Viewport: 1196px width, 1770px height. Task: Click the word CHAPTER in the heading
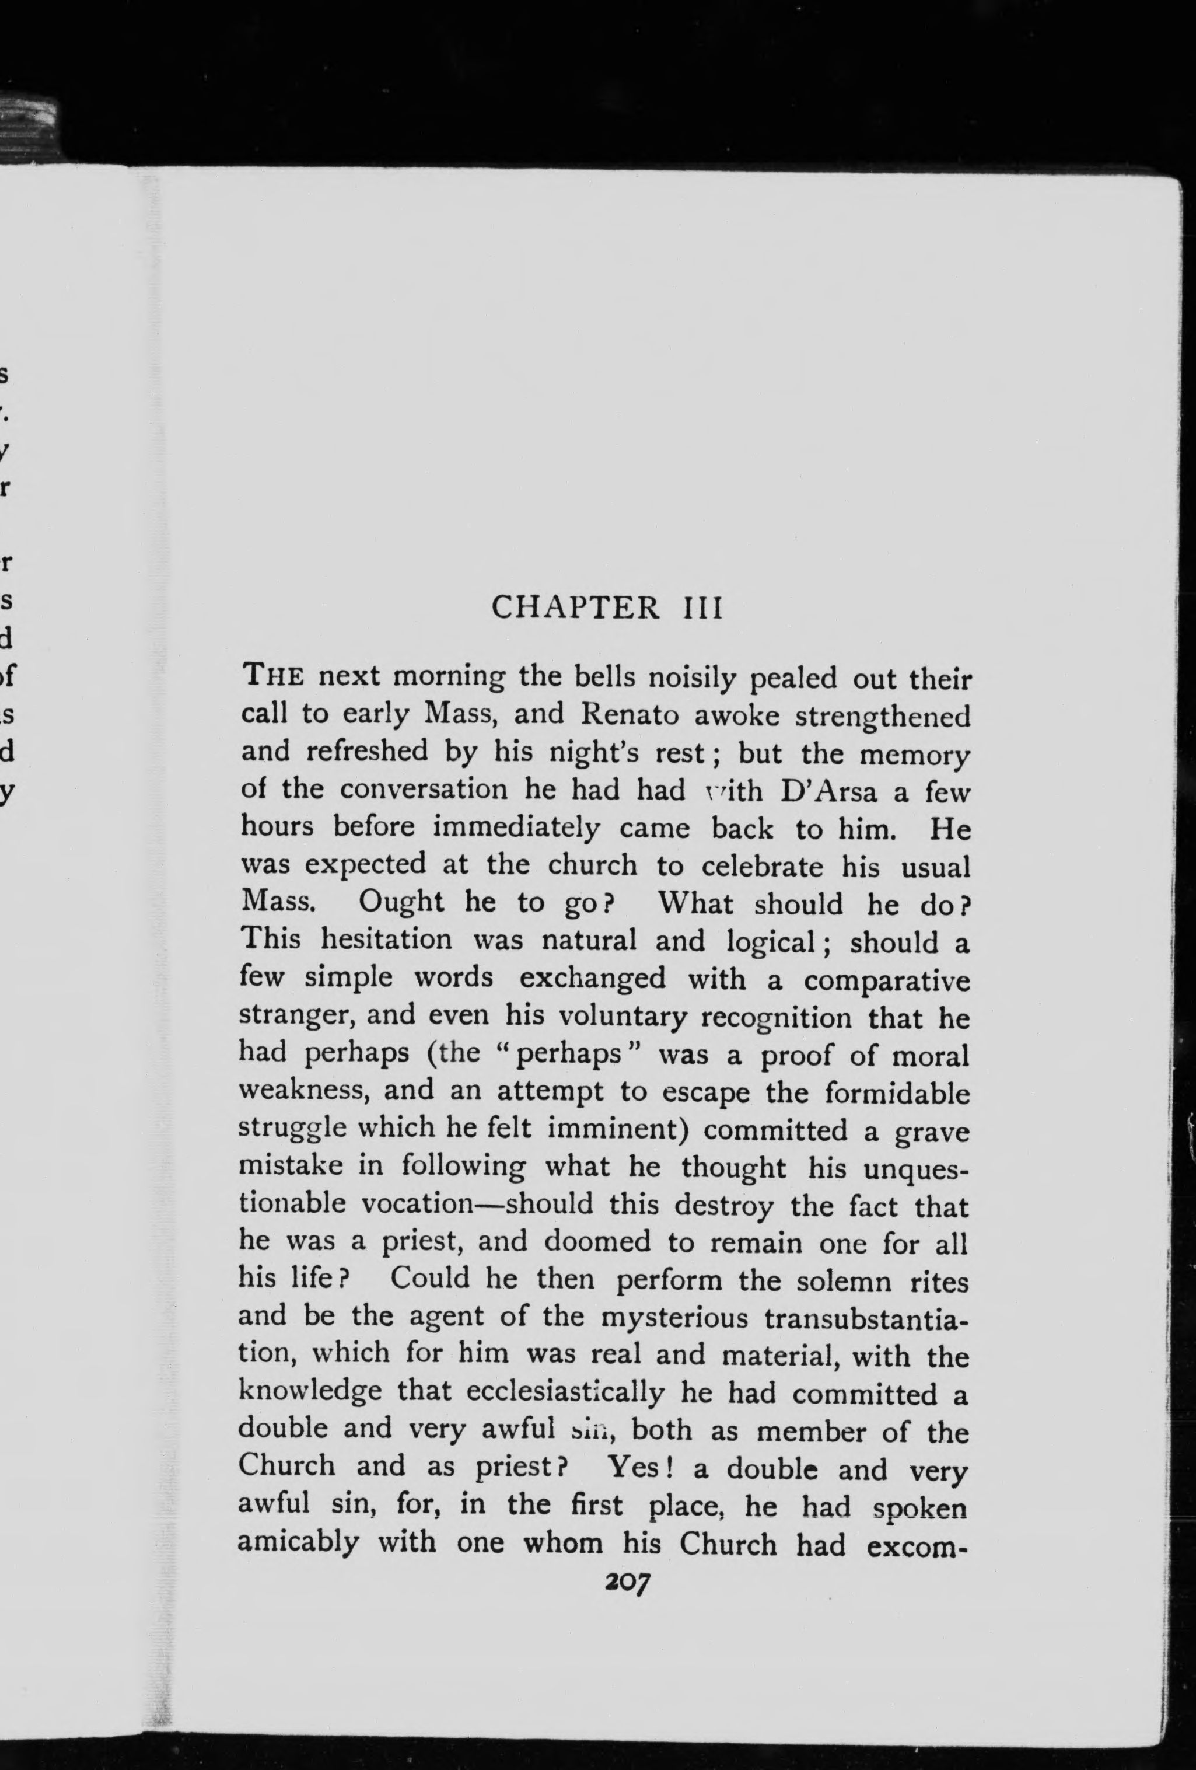pyautogui.click(x=575, y=607)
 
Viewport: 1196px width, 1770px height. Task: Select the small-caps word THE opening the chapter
pyautogui.click(x=273, y=676)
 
